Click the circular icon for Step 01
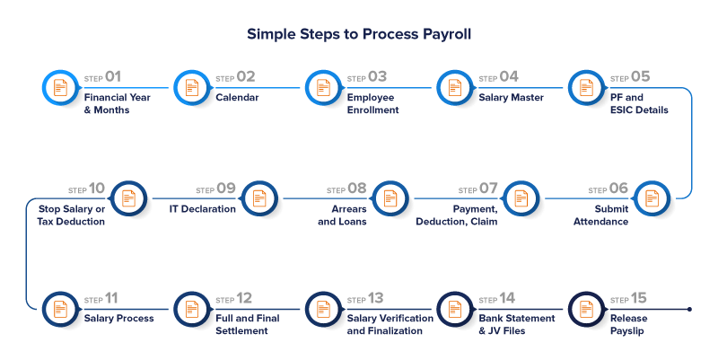click(60, 87)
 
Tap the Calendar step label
click(237, 97)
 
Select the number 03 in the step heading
click(377, 76)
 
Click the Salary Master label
click(511, 97)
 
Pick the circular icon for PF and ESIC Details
click(586, 87)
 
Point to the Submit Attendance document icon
click(652, 198)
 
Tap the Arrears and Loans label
click(342, 215)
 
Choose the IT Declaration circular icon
click(259, 198)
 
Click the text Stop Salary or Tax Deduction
click(71, 215)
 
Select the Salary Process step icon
click(60, 309)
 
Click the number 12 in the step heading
click(243, 299)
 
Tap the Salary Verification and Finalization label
click(390, 324)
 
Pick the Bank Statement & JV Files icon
click(455, 309)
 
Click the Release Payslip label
click(629, 324)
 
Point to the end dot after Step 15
click(689, 309)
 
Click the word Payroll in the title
click(447, 34)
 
